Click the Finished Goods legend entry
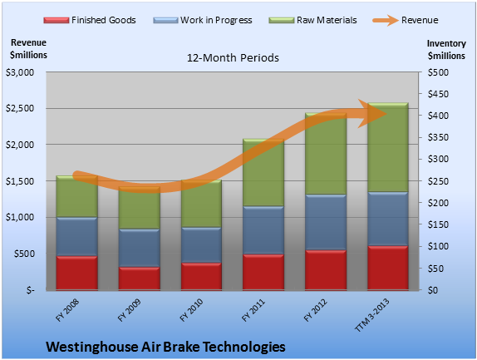(90, 20)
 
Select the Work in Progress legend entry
(203, 20)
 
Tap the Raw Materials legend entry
(312, 20)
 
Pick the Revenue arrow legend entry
(406, 20)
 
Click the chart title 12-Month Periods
(233, 57)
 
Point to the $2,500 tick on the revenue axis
(20, 108)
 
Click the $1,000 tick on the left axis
(20, 217)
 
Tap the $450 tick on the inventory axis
(438, 94)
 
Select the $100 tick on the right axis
(438, 246)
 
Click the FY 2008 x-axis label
(67, 310)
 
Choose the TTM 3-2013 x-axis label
(371, 315)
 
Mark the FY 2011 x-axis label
(253, 310)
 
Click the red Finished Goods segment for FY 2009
(140, 279)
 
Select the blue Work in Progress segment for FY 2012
(326, 222)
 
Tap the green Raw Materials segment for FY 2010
(201, 204)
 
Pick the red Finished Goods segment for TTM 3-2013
(388, 268)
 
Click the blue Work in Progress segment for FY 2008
(77, 236)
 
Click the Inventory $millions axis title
(446, 50)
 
